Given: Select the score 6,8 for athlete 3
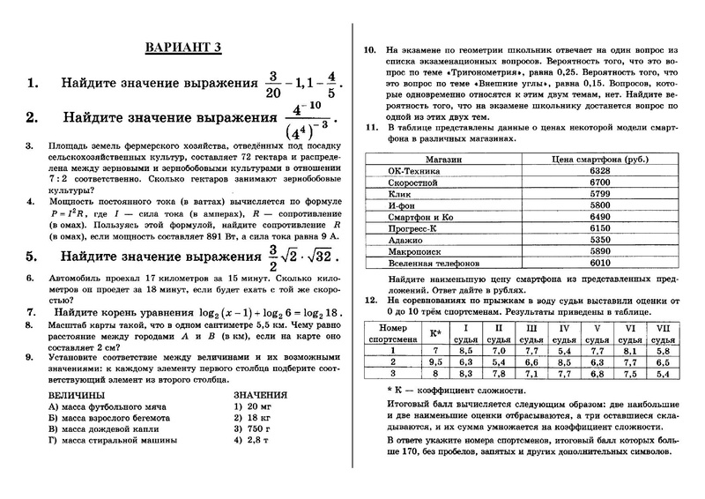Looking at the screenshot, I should pos(597,373).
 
